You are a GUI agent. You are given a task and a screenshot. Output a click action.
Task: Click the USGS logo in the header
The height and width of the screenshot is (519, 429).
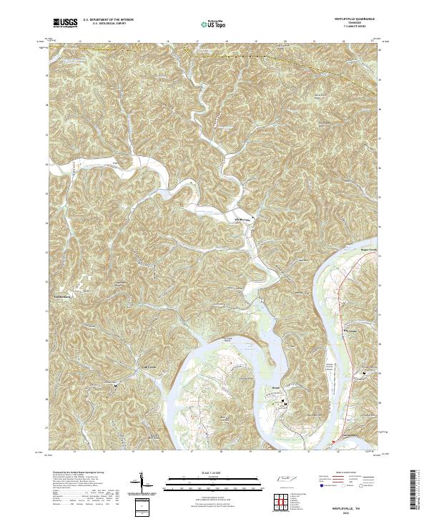[65, 23]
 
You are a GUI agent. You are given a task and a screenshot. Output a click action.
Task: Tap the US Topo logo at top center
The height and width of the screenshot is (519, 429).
[206, 24]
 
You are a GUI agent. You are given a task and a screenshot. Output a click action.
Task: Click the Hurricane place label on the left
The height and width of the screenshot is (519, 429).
[59, 291]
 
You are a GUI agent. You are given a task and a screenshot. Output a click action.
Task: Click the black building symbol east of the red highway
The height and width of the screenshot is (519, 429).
[365, 374]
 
